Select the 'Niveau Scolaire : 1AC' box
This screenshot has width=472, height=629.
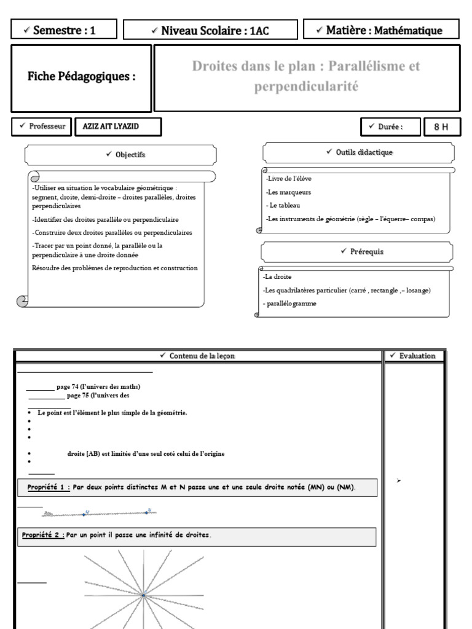point(211,30)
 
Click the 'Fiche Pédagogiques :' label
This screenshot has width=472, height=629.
point(81,77)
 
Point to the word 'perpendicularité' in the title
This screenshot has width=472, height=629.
point(305,87)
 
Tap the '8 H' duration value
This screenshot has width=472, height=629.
point(441,127)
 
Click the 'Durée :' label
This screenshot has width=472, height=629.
point(390,127)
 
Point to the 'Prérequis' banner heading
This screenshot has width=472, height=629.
point(357,251)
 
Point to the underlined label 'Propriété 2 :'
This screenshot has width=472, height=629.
point(43,535)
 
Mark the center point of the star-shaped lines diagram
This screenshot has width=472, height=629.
point(143,595)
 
